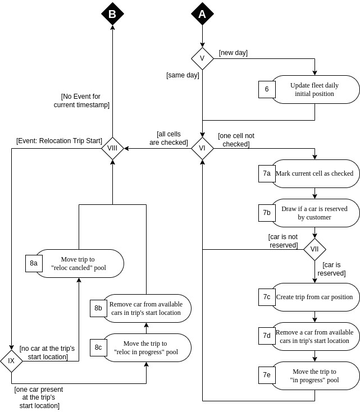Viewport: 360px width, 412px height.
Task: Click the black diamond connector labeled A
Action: click(x=202, y=14)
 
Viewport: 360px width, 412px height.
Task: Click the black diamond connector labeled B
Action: click(x=112, y=14)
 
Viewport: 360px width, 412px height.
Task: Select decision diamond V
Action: click(x=202, y=58)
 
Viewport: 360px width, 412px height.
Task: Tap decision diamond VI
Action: click(x=202, y=148)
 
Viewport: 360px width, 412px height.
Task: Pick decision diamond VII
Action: click(x=315, y=249)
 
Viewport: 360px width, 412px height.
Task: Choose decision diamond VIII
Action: click(x=112, y=148)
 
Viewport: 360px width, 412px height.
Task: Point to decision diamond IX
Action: click(x=11, y=361)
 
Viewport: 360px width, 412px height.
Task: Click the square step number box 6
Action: click(x=267, y=89)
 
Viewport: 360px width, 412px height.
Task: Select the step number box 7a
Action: click(x=267, y=173)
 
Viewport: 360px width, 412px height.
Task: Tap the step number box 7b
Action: click(x=267, y=213)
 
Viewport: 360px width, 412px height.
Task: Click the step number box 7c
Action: click(x=267, y=297)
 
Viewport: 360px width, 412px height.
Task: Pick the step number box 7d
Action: click(x=267, y=336)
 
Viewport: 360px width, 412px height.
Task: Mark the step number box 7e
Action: click(x=267, y=376)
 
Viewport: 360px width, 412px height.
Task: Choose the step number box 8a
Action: click(x=34, y=263)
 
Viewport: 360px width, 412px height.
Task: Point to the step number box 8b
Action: click(x=98, y=308)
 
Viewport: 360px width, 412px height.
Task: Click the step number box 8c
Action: click(x=98, y=347)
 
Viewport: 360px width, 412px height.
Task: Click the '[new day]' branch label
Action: click(x=233, y=53)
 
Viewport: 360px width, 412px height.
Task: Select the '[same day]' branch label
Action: click(x=183, y=75)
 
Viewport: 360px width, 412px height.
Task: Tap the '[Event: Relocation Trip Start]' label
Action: click(x=59, y=140)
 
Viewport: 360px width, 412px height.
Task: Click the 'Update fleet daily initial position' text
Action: click(x=315, y=89)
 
